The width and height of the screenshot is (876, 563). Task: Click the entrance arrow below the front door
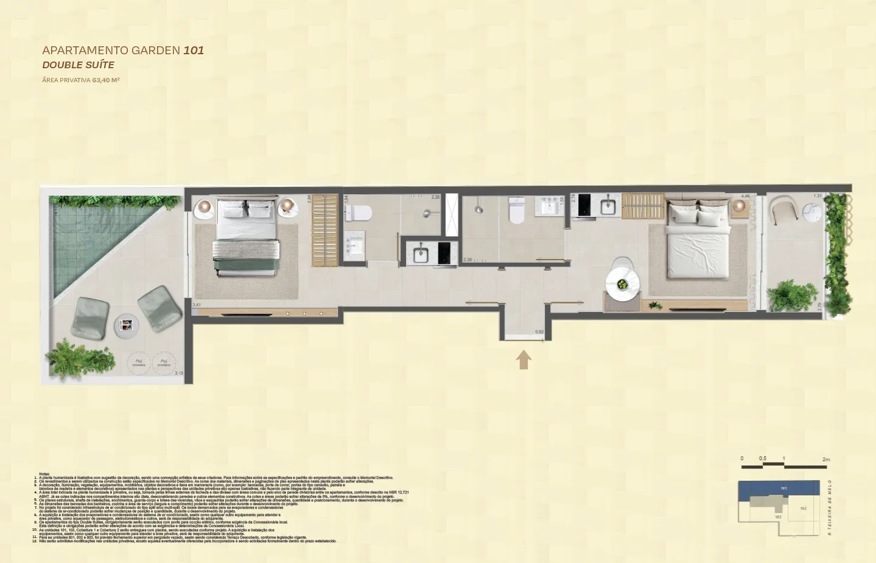click(x=524, y=359)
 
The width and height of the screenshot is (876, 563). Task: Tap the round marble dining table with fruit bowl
click(x=622, y=284)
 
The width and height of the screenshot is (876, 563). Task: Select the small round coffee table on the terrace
click(x=127, y=327)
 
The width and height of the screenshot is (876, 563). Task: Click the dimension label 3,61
click(x=197, y=305)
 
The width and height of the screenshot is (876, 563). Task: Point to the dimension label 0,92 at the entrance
click(x=539, y=332)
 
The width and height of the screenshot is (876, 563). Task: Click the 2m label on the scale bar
click(x=825, y=459)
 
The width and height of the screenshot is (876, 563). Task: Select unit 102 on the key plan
click(x=803, y=508)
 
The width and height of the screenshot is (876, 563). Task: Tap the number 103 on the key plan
click(x=777, y=517)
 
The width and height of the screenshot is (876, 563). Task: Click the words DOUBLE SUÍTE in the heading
click(x=78, y=65)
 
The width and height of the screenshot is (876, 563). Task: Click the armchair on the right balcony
click(x=783, y=211)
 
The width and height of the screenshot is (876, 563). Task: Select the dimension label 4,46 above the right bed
click(x=745, y=196)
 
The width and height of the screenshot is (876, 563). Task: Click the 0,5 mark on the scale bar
click(x=762, y=459)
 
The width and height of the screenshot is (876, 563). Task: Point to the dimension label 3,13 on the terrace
click(x=179, y=374)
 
